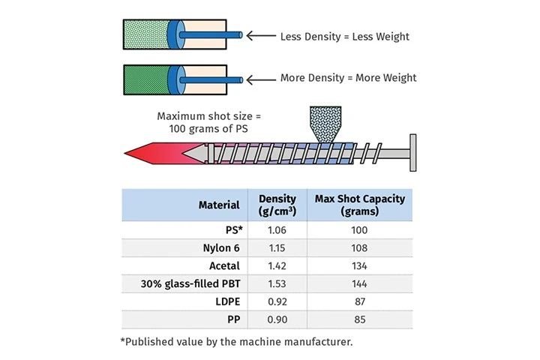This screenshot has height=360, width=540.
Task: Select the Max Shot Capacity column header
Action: tap(360, 205)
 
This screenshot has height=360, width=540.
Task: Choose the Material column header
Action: tap(219, 205)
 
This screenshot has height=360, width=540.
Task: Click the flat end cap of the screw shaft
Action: tap(412, 153)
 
